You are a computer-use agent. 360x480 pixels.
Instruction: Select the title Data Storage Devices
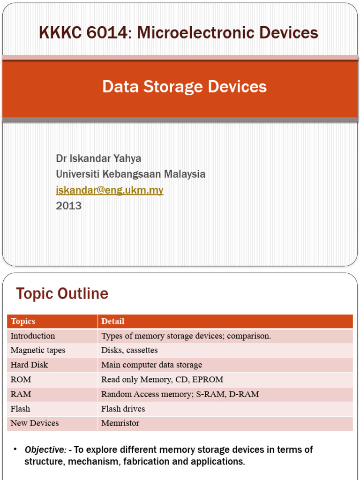tap(184, 87)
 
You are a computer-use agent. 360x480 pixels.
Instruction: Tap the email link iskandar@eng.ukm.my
tap(110, 190)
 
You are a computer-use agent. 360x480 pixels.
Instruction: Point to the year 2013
tap(68, 206)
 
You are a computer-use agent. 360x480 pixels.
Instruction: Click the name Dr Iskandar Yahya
tap(98, 158)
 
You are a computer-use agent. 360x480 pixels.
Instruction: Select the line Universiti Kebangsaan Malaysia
tap(130, 174)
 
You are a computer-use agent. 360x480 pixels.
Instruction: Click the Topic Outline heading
tap(62, 294)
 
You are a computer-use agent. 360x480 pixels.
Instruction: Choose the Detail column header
tap(112, 322)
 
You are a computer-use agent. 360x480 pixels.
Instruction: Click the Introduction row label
tap(33, 336)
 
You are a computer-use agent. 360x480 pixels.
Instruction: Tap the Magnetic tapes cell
tap(38, 351)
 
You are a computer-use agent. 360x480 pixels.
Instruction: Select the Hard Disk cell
tap(29, 365)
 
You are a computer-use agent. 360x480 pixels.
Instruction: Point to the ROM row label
tap(21, 380)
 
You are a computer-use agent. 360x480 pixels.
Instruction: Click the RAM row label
tap(21, 394)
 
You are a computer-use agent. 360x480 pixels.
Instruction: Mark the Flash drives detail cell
tap(123, 409)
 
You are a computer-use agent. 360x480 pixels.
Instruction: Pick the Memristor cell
tap(120, 423)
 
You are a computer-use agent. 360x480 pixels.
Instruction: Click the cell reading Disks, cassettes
tap(129, 351)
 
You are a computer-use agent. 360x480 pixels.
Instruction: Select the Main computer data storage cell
tap(151, 365)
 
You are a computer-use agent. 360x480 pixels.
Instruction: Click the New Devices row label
tap(35, 423)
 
